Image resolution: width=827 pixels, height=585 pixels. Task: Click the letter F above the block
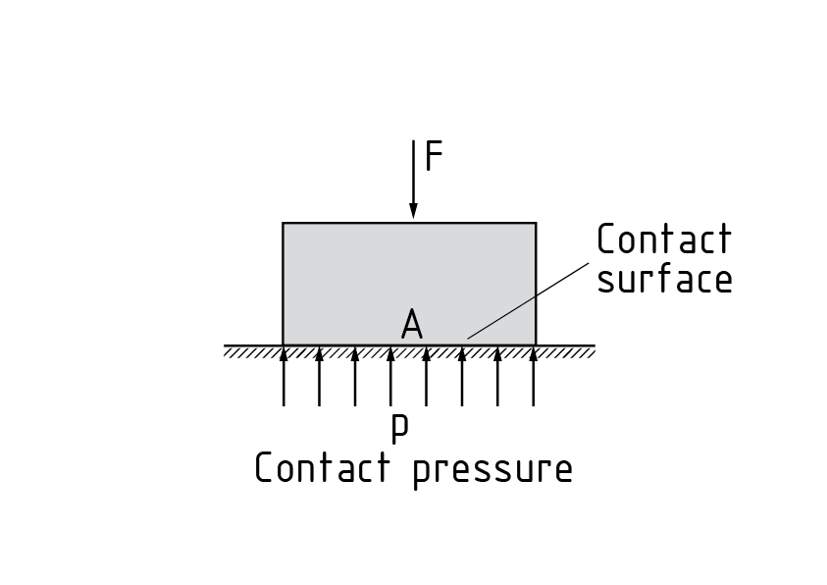[x=434, y=157]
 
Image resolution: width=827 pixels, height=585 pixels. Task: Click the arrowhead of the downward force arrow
[x=413, y=210]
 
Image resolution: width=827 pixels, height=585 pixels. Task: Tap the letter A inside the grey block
[x=412, y=325]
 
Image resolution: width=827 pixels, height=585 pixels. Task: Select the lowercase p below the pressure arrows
[x=399, y=429]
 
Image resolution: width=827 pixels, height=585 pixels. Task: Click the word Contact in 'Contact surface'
[x=664, y=239]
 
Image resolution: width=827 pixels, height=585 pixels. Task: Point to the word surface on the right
[x=664, y=280]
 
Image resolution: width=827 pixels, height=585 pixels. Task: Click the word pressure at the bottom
[x=491, y=469]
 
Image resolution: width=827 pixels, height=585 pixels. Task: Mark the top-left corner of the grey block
[x=284, y=224]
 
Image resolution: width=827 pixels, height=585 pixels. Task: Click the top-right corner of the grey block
[x=536, y=224]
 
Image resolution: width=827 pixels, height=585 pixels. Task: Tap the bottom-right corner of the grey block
[x=536, y=345]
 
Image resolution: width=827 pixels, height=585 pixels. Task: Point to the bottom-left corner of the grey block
[x=284, y=345]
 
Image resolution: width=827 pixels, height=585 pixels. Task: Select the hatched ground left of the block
[x=253, y=351]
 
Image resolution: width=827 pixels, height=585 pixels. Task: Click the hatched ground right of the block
[x=566, y=351]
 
